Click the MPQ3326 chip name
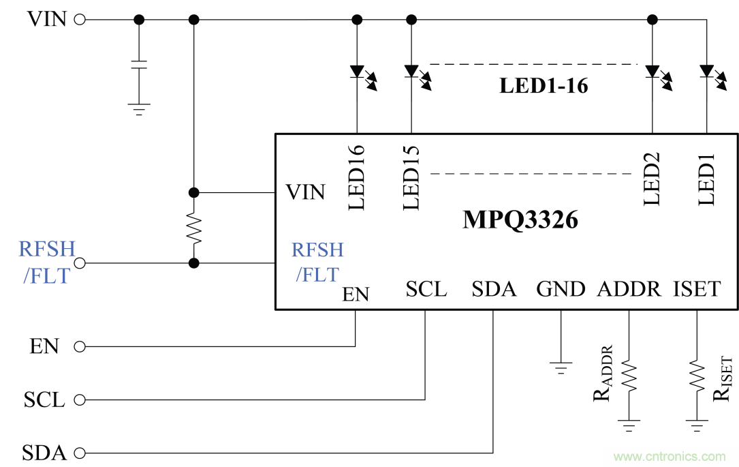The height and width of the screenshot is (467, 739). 520,220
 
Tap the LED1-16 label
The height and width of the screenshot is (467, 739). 544,87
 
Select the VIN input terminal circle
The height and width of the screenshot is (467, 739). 80,20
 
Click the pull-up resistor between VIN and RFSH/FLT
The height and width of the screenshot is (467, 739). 194,229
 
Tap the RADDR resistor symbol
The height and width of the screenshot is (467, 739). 628,376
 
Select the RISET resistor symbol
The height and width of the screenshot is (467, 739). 697,376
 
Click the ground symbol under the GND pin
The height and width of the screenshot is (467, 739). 561,369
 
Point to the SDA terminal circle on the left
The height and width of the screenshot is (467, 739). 80,453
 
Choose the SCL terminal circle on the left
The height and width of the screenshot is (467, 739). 80,400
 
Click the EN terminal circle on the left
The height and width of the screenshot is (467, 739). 80,347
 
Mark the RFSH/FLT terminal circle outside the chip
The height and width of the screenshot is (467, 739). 80,263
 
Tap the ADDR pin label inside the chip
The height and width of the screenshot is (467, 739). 629,289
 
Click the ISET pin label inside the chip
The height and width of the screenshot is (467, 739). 696,289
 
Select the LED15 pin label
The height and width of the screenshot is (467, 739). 411,177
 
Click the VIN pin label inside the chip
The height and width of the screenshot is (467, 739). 305,193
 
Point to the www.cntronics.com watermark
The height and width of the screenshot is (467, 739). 670,456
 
